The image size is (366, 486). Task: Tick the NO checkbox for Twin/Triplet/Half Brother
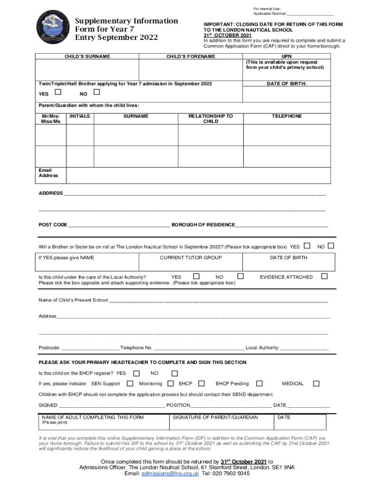[x=97, y=92]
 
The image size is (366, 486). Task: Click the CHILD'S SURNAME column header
[x=87, y=56]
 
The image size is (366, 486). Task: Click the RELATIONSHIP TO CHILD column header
[x=211, y=119]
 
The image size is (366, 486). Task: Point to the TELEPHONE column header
[x=287, y=116]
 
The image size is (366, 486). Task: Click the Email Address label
[x=48, y=173]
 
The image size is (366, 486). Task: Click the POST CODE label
[x=53, y=224]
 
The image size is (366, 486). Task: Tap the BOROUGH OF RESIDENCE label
[x=203, y=224]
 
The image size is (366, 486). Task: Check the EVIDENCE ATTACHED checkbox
[x=325, y=276]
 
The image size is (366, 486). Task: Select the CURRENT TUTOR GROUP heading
[x=191, y=258]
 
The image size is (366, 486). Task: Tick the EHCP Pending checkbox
[x=260, y=383]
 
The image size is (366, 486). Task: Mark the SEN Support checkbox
[x=130, y=383]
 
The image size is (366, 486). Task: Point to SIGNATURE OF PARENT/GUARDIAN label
[x=215, y=418]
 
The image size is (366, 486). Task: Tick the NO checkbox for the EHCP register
[x=174, y=374]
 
